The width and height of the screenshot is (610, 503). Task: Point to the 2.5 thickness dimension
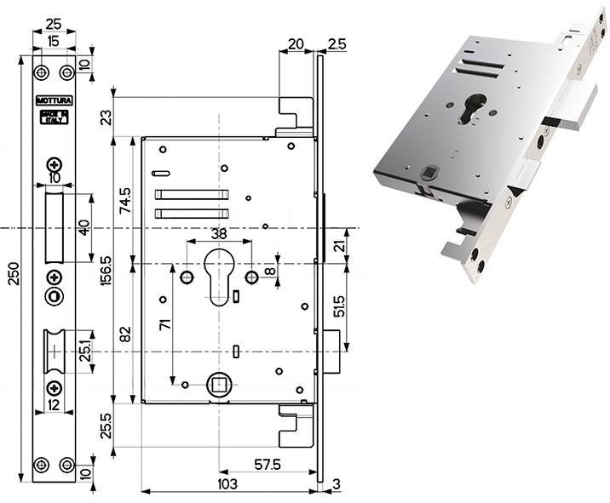pos(336,43)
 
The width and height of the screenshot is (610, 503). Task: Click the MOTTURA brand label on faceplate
pos(55,100)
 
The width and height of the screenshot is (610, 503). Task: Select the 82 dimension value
pos(124,333)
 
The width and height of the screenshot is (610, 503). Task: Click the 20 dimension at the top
pos(296,43)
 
